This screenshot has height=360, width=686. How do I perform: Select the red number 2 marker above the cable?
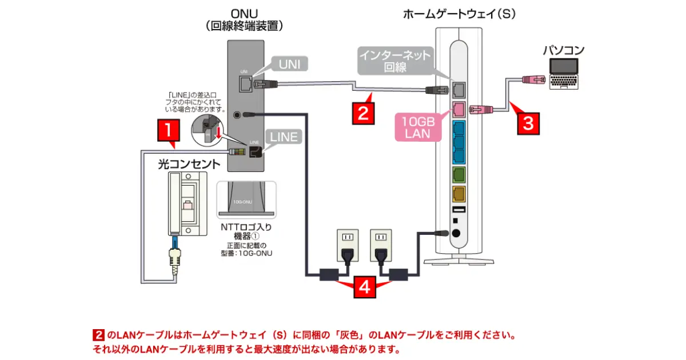pyautogui.click(x=363, y=111)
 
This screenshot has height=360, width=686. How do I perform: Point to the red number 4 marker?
pyautogui.click(x=364, y=286)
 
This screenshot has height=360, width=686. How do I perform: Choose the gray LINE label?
pyautogui.click(x=284, y=137)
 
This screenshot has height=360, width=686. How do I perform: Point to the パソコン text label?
pyautogui.click(x=563, y=50)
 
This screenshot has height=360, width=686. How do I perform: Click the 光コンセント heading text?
pyautogui.click(x=189, y=165)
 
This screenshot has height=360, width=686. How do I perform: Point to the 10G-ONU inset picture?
pyautogui.click(x=246, y=199)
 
